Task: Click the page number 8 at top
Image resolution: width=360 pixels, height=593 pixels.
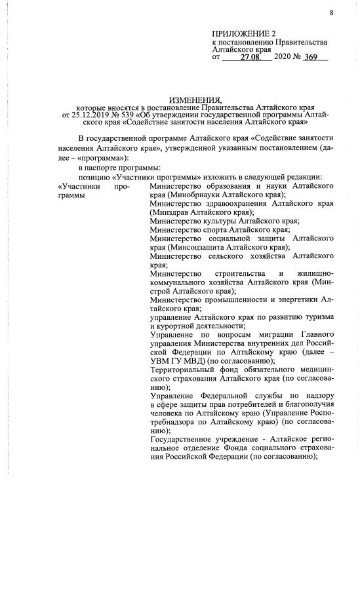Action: click(331, 12)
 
